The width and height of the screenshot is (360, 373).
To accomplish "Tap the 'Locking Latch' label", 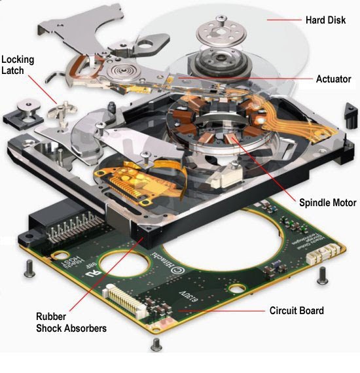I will point(18,65).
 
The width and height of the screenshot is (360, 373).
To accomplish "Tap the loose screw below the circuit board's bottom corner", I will point(155,344).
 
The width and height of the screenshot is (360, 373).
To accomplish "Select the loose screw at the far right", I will point(322,274).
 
